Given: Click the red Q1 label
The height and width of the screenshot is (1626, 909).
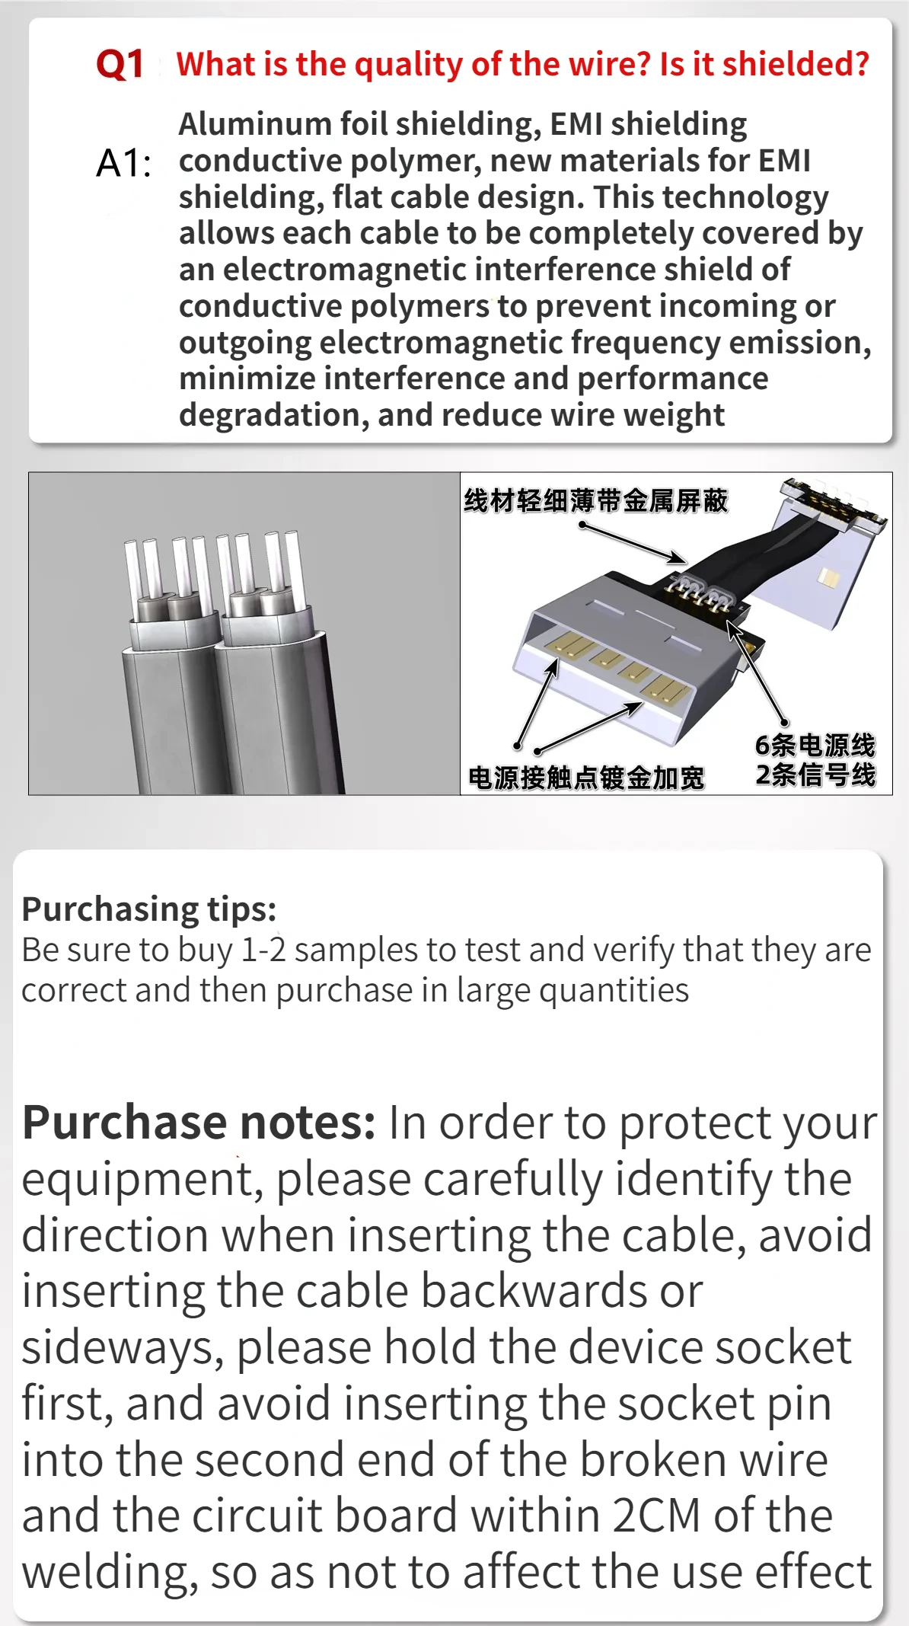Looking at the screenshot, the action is click(x=120, y=64).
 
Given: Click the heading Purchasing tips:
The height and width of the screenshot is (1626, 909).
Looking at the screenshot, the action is click(x=149, y=909).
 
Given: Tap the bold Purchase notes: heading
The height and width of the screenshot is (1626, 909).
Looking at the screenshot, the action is click(x=199, y=1123).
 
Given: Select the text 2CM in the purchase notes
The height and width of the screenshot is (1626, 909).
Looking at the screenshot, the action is click(x=656, y=1516).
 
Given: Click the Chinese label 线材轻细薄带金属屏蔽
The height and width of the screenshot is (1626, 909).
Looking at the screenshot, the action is click(x=596, y=500).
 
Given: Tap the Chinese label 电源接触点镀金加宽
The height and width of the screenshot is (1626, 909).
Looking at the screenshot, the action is click(x=586, y=778).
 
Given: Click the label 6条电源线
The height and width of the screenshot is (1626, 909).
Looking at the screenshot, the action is click(x=815, y=745).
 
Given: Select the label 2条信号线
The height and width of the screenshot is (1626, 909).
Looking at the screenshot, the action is click(x=815, y=775).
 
